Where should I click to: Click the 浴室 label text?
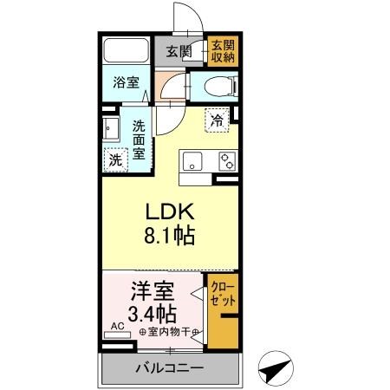(x=127, y=83)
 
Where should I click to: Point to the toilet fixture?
(x=217, y=84)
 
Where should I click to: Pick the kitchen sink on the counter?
(x=192, y=160)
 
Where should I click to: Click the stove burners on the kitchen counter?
(x=227, y=160)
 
